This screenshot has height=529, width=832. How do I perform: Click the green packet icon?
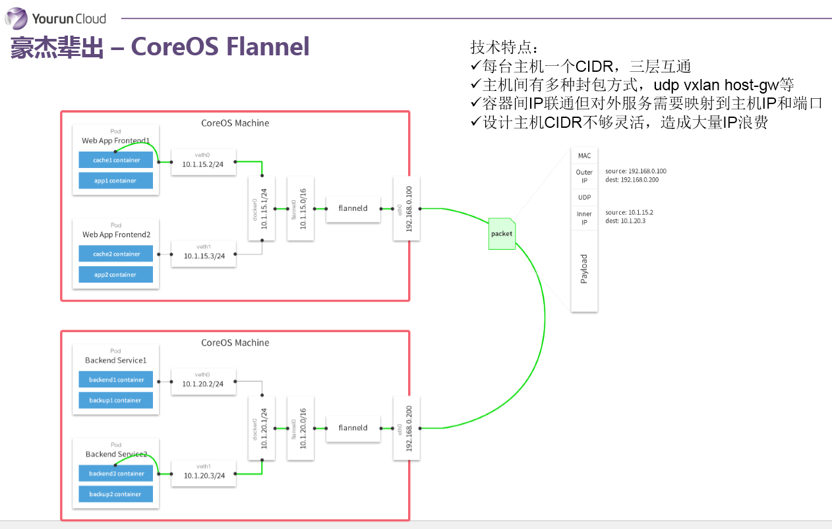(x=501, y=233)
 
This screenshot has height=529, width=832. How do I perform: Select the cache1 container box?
(x=115, y=160)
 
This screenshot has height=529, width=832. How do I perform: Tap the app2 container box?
(x=115, y=275)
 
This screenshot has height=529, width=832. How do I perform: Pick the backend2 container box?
(x=116, y=473)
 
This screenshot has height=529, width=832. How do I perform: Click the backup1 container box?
(x=116, y=400)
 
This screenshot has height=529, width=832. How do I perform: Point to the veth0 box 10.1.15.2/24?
(x=203, y=162)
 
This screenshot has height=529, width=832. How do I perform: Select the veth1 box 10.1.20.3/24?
(x=203, y=474)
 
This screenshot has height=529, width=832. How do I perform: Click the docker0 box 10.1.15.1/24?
(x=262, y=208)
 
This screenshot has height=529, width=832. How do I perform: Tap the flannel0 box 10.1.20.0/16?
(x=300, y=428)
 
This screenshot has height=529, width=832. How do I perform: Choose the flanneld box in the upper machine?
(x=353, y=208)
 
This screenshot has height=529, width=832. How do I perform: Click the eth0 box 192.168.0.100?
(x=406, y=208)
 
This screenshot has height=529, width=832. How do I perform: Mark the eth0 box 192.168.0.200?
(x=406, y=428)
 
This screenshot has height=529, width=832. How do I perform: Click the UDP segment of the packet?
(x=584, y=198)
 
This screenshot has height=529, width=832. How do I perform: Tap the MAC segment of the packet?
(x=584, y=155)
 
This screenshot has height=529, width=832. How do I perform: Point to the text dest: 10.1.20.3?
(x=626, y=221)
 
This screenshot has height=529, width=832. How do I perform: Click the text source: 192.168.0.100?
(x=636, y=171)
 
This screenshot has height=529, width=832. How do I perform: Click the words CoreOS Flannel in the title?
(x=220, y=47)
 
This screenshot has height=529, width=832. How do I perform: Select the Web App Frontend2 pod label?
(x=116, y=235)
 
